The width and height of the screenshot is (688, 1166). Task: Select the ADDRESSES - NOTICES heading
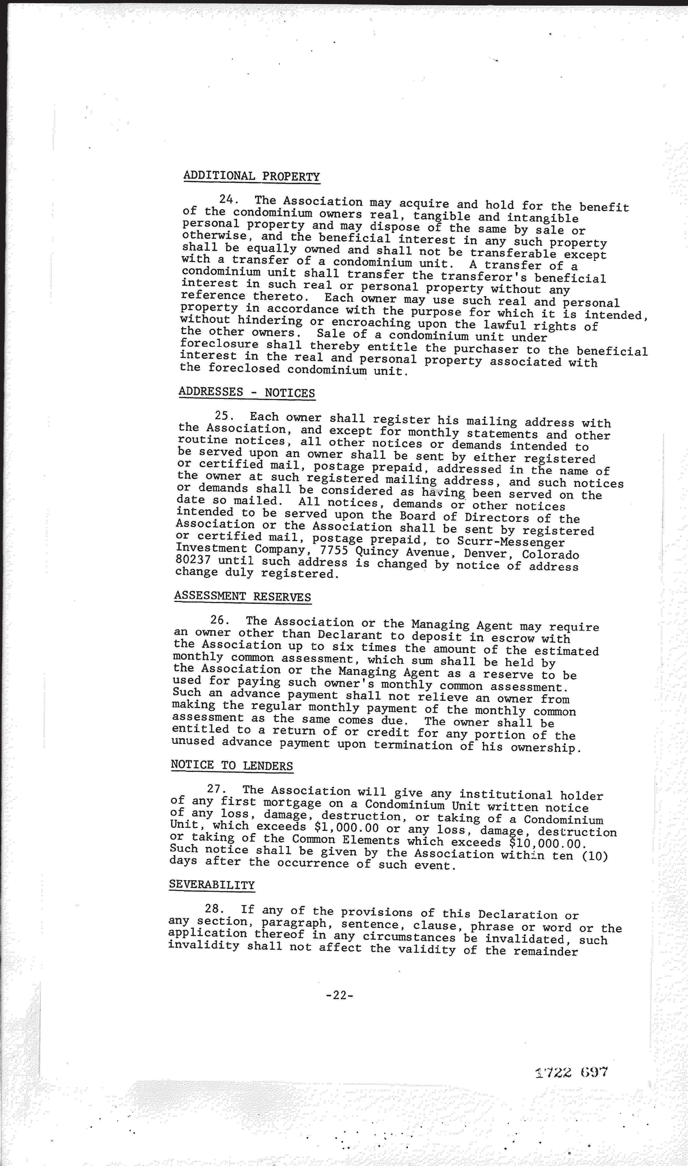pyautogui.click(x=247, y=392)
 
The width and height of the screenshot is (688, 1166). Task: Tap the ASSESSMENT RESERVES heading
pyautogui.click(x=243, y=596)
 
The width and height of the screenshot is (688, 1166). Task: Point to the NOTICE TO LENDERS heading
pyautogui.click(x=232, y=765)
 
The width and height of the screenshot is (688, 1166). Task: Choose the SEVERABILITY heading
pyautogui.click(x=212, y=884)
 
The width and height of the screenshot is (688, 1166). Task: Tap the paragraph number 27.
pyautogui.click(x=216, y=789)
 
